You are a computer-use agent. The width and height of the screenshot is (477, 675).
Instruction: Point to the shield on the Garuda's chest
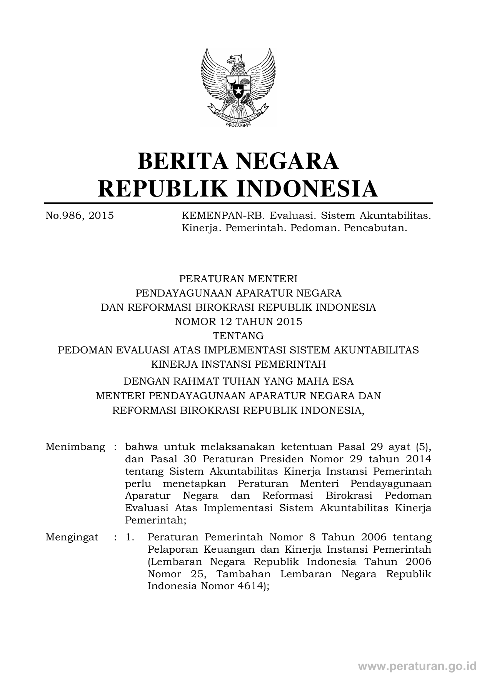point(239,87)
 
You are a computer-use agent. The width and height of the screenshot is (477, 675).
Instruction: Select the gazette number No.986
point(63,215)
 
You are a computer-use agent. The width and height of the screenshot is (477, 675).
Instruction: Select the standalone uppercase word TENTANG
point(239,336)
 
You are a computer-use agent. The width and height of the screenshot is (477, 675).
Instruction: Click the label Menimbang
point(75,447)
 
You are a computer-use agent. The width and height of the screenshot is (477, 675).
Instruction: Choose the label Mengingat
point(72,537)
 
